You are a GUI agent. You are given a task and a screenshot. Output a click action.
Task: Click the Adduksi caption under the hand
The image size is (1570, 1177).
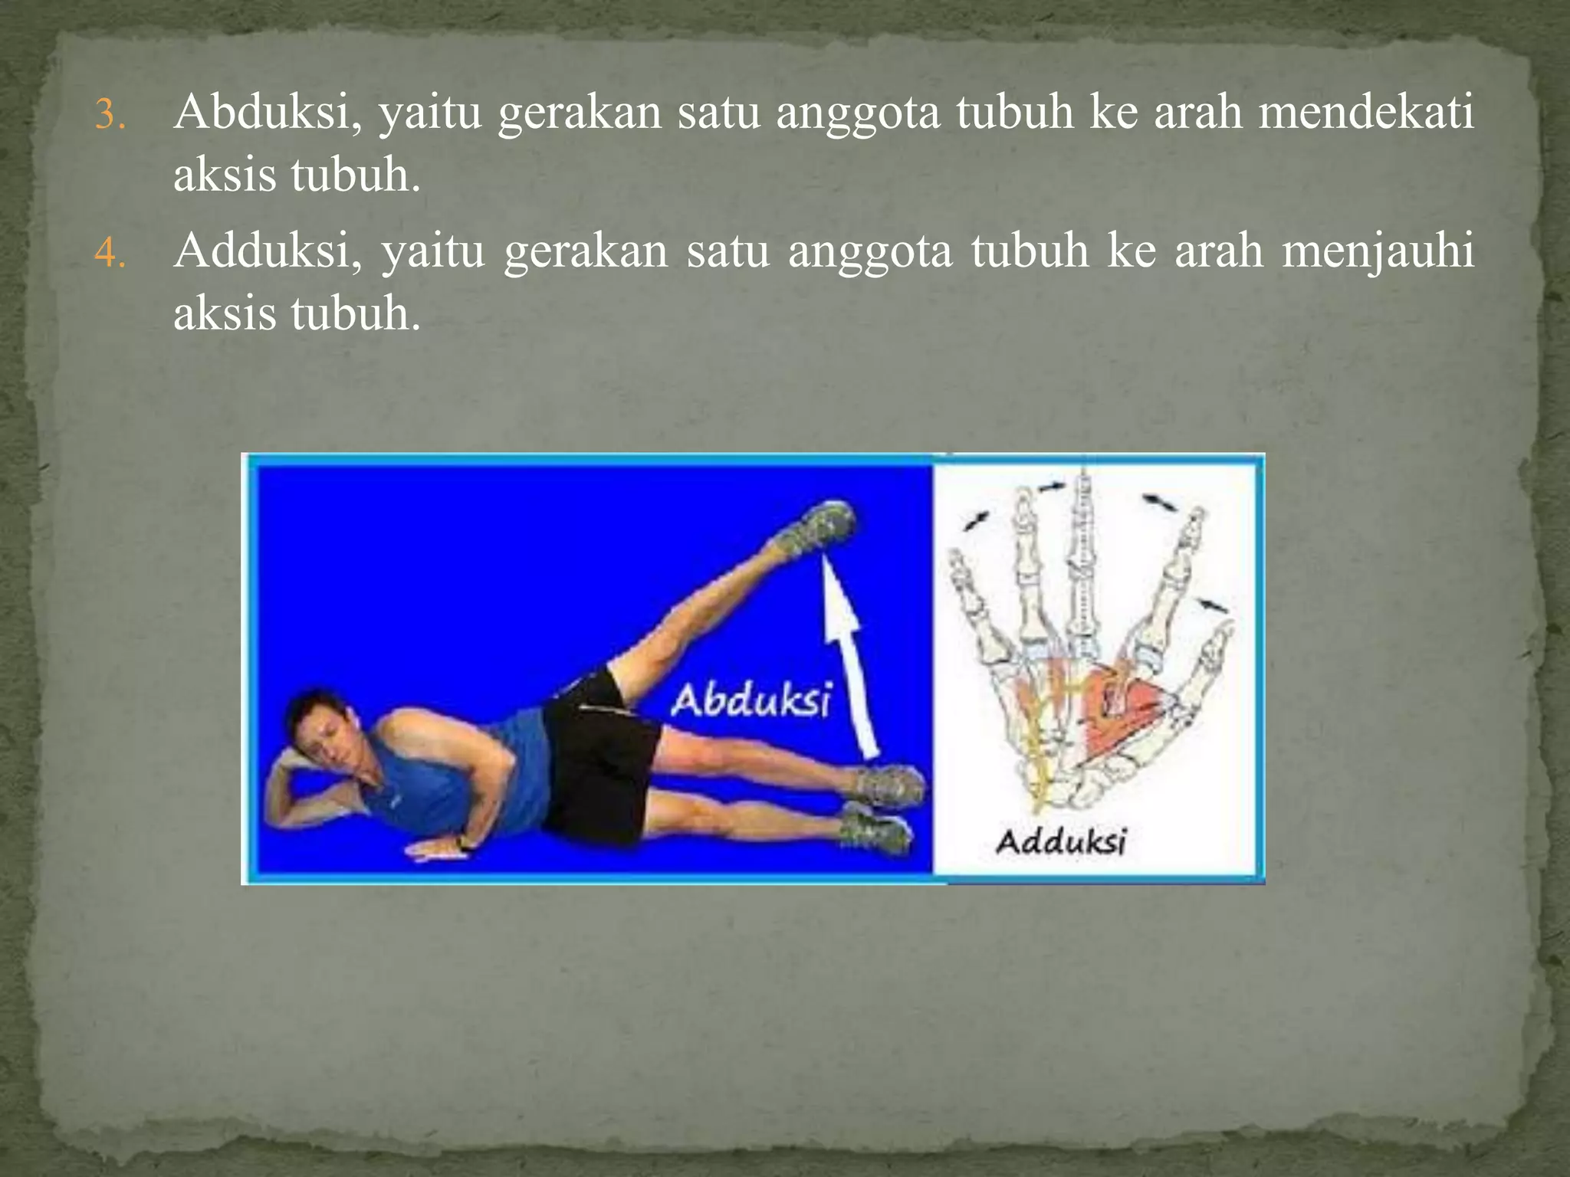coord(1061,842)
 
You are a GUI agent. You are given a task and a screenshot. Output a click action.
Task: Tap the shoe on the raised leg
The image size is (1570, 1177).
coord(817,528)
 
